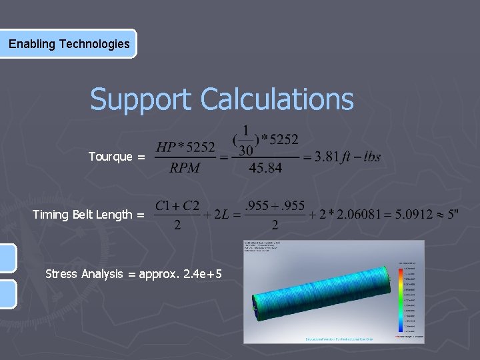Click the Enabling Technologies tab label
[x=69, y=44]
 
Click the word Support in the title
[x=142, y=99]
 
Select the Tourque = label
[x=117, y=157]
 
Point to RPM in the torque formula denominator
[x=185, y=168]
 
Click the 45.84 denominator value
[x=265, y=168]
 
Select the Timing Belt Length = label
[x=89, y=215]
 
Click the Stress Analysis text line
[x=133, y=273]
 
